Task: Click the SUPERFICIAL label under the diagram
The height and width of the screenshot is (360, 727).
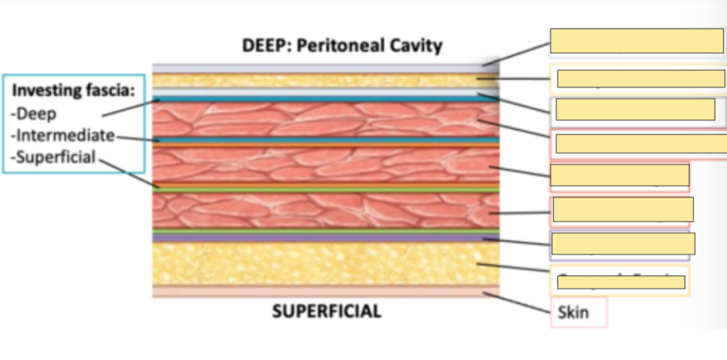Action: tap(326, 311)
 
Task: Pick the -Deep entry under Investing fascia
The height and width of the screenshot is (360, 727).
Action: tap(34, 113)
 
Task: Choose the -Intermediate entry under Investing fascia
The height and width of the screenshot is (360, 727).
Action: tap(63, 135)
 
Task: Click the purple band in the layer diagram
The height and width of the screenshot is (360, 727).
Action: tap(324, 238)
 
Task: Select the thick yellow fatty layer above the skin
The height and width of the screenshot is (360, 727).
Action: tap(324, 263)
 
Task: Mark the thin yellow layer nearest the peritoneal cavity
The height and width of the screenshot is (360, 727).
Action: tap(324, 80)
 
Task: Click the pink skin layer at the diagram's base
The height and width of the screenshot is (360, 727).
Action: tap(324, 291)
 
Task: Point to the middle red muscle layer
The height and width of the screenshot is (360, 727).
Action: tap(324, 164)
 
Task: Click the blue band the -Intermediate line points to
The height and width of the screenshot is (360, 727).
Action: tap(324, 140)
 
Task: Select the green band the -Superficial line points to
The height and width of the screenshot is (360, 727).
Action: tap(324, 186)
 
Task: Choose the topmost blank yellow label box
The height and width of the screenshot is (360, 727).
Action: tap(636, 41)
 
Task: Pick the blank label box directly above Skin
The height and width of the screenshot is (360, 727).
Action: tap(621, 282)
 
